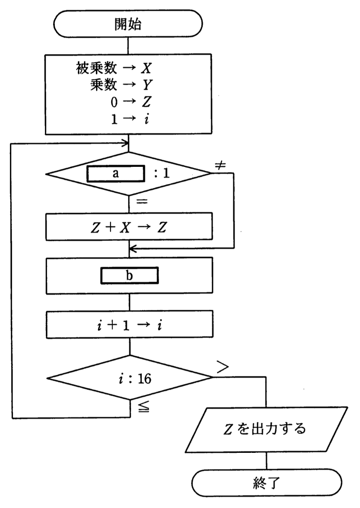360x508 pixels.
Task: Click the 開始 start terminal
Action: click(128, 24)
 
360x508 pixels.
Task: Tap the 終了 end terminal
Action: click(266, 483)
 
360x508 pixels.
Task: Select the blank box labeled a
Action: click(116, 174)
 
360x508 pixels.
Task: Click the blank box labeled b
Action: click(129, 275)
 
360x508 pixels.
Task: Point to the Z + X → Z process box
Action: click(129, 227)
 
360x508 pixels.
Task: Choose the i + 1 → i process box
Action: click(129, 324)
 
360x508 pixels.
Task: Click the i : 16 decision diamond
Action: click(130, 378)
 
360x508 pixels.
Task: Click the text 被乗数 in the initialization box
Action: click(96, 68)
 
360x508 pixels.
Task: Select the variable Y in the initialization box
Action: click(147, 85)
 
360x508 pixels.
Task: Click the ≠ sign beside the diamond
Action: click(220, 165)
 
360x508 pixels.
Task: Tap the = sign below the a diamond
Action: click(142, 202)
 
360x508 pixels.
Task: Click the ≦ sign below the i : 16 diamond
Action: click(143, 407)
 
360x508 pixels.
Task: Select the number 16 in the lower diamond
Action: click(145, 379)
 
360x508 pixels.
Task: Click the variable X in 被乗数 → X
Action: click(146, 68)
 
